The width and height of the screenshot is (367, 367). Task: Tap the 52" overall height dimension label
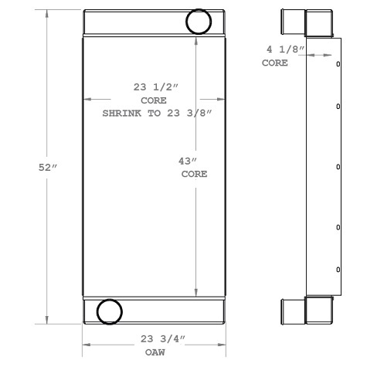pos(48,168)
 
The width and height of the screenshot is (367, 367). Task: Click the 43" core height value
pos(189,161)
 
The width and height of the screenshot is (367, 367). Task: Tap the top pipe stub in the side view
pos(294,22)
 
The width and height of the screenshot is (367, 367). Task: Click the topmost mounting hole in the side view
pos(338,64)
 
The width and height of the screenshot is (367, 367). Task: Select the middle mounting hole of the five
pos(338,166)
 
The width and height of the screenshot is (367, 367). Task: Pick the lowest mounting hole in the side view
pos(338,268)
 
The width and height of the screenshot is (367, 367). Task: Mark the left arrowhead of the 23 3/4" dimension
pos(87,345)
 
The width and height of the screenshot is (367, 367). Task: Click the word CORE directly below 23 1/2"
pos(153,101)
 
